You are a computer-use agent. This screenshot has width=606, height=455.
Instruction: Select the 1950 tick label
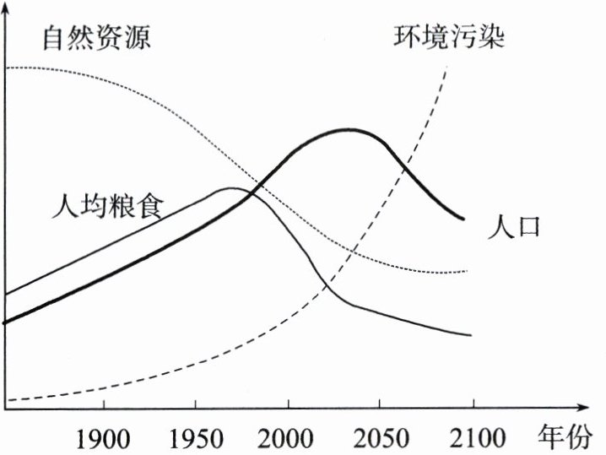[195, 438]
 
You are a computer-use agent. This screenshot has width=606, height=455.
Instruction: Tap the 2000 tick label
[288, 438]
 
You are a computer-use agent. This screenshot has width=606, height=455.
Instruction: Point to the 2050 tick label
[381, 438]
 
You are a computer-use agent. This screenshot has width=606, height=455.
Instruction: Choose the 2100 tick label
[473, 438]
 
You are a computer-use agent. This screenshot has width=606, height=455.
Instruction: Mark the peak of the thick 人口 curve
[344, 130]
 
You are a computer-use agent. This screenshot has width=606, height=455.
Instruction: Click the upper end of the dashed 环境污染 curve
[447, 66]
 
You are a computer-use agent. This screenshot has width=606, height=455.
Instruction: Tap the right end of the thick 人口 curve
[463, 219]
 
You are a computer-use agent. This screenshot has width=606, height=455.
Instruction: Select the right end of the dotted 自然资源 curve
[467, 272]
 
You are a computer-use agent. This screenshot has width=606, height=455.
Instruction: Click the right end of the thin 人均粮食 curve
[471, 335]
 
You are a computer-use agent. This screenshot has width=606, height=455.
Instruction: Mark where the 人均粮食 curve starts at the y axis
[6, 295]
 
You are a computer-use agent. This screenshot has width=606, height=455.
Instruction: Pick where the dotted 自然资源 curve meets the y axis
[6, 67]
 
